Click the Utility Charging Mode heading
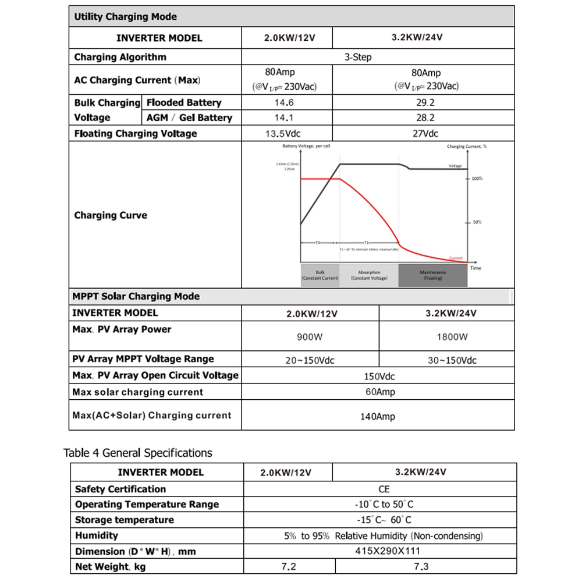[x=125, y=17]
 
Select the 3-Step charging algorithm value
[x=358, y=57]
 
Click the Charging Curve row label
[x=111, y=215]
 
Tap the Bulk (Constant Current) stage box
[x=320, y=275]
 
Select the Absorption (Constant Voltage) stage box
[x=369, y=275]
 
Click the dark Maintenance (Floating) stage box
[x=432, y=275]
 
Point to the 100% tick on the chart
[x=476, y=179]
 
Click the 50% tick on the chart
[x=475, y=222]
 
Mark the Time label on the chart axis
[x=475, y=268]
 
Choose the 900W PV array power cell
[x=311, y=337]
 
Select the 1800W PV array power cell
[x=452, y=337]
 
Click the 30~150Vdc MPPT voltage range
[x=452, y=360]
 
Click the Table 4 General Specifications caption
[x=138, y=453]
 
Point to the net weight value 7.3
[x=420, y=566]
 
